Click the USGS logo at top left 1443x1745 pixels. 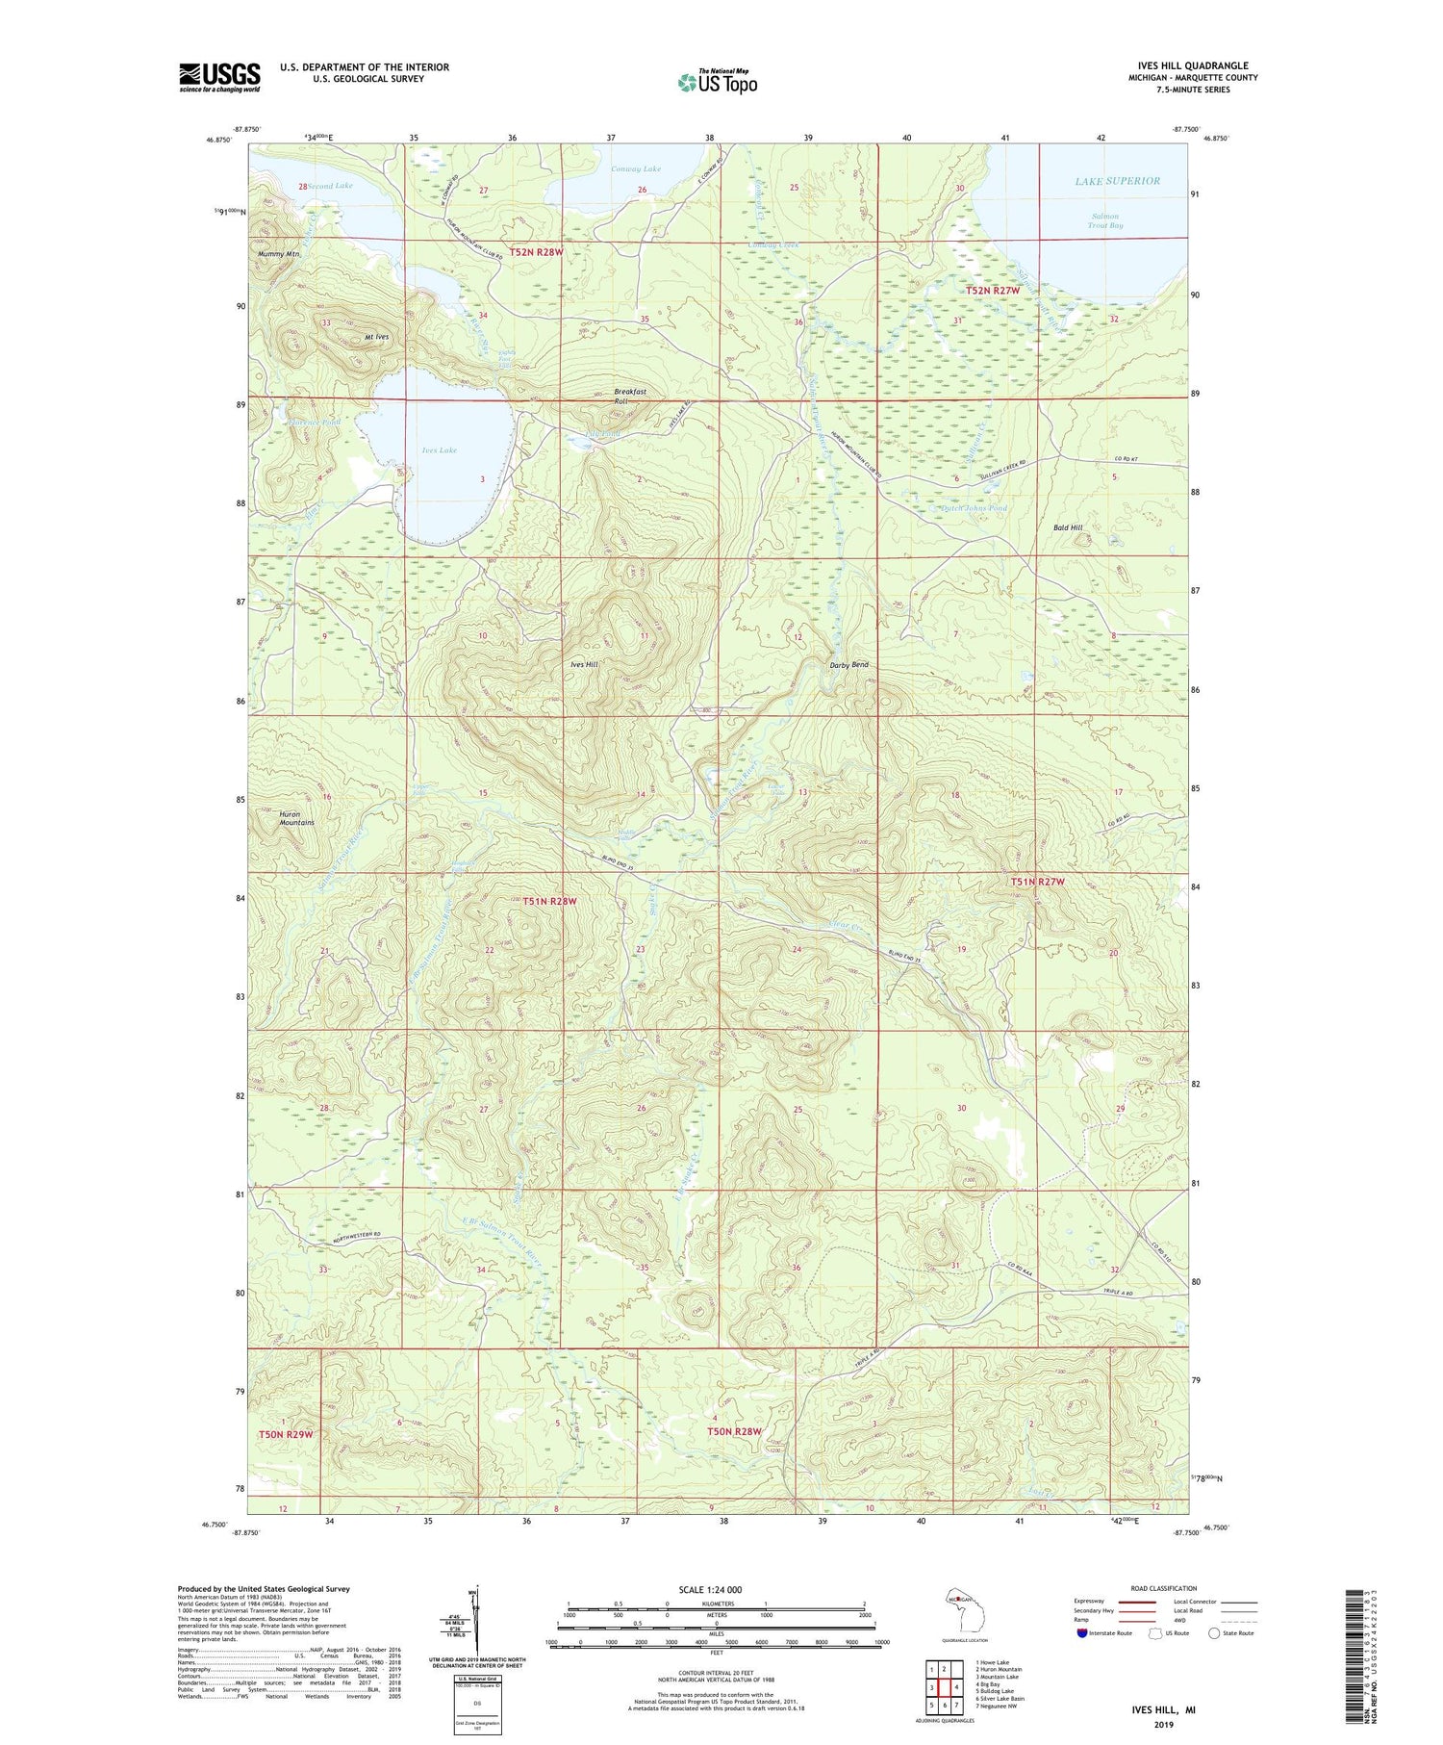point(219,77)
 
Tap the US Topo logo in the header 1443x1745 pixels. point(717,82)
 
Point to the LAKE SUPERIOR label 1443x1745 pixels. point(1117,181)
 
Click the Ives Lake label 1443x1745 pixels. point(439,449)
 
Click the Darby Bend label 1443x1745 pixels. point(848,665)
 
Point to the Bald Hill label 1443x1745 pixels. point(1068,527)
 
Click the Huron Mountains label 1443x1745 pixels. point(296,818)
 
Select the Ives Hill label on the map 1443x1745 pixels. point(584,665)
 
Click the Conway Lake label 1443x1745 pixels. point(636,168)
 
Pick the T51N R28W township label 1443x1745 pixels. point(550,901)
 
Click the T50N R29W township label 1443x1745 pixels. point(286,1434)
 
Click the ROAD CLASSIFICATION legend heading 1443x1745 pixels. point(1164,1588)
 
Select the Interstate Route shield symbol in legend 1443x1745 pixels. point(1081,1633)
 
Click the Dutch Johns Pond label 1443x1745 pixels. point(974,508)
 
